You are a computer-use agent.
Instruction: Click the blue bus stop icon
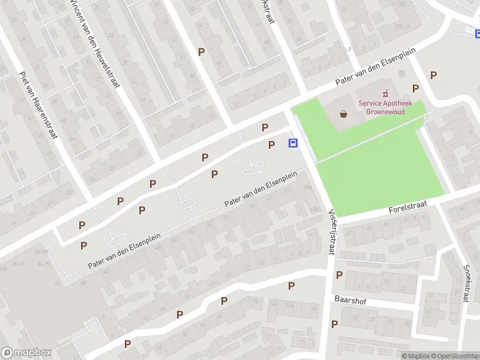tap(293, 143)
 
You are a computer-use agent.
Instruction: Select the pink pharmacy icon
tap(385, 93)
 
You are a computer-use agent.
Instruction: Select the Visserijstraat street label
tap(331, 230)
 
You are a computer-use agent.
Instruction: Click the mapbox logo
tap(26, 353)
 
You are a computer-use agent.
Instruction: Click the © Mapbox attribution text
tap(416, 356)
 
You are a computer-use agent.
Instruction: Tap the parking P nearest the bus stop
tap(271, 145)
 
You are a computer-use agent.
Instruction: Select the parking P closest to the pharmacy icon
tap(415, 88)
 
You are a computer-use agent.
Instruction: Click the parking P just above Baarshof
tap(339, 275)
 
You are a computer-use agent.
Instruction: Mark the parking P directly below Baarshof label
tap(334, 325)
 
